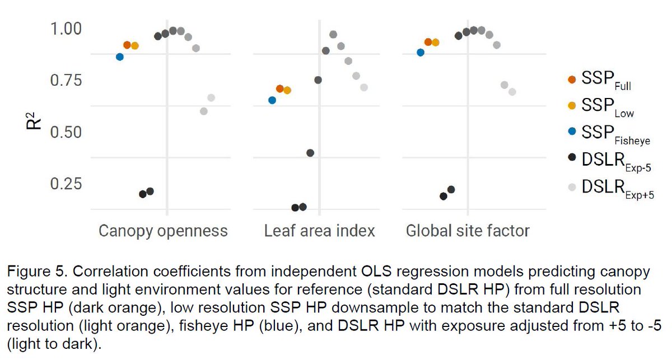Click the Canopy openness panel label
click(x=163, y=231)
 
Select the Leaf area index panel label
click(x=319, y=231)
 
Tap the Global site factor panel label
click(x=468, y=231)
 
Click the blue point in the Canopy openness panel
click(x=120, y=57)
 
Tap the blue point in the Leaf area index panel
click(x=272, y=100)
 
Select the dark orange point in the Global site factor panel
click(x=428, y=42)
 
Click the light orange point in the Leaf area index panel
click(x=287, y=90)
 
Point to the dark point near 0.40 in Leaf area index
click(x=310, y=153)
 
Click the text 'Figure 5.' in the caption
click(x=33, y=273)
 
